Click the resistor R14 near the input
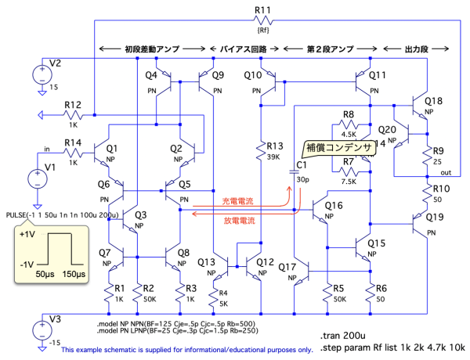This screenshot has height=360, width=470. point(72,152)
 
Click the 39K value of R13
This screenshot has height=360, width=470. point(274,157)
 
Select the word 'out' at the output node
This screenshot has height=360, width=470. point(446,172)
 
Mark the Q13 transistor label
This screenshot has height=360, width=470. point(207,261)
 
